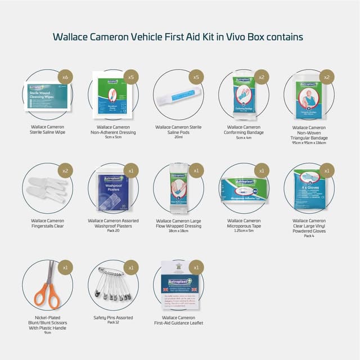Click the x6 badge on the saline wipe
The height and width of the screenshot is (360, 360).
65,76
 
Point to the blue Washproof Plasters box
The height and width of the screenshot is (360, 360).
111,191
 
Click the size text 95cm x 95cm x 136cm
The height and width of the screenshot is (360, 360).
309,143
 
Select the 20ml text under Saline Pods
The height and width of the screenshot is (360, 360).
178,138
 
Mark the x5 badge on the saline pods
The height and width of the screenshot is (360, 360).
196,76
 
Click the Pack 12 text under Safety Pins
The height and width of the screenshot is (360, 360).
113,322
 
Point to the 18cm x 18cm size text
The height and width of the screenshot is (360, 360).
178,231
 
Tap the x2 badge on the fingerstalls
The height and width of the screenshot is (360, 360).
65,170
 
